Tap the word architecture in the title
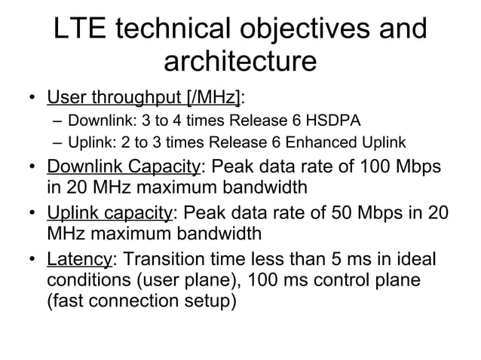coord(240,62)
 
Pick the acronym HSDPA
coord(336,121)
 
